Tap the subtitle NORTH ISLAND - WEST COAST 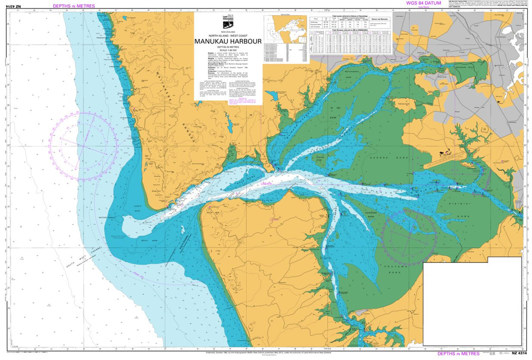(x=228, y=34)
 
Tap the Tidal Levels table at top (x=350, y=24)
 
